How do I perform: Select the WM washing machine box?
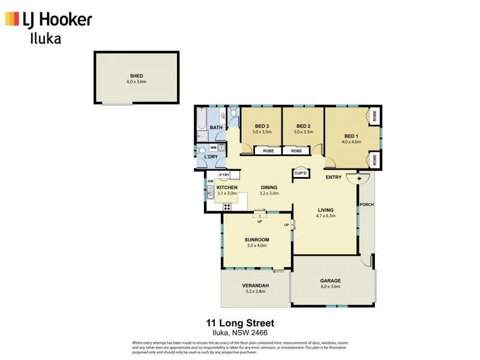[x=214, y=147]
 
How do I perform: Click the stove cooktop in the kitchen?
[x=227, y=206]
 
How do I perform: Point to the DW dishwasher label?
[x=211, y=181]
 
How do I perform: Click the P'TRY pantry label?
[x=224, y=175]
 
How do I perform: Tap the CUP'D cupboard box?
[x=301, y=173]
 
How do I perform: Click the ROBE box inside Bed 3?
[x=268, y=151]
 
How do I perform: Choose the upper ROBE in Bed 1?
[x=373, y=116]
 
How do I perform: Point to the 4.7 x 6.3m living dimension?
[x=326, y=215]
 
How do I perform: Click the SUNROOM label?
[x=257, y=239]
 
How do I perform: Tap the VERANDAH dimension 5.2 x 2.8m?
[x=255, y=292]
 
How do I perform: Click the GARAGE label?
[x=330, y=280]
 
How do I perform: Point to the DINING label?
[x=269, y=188]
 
